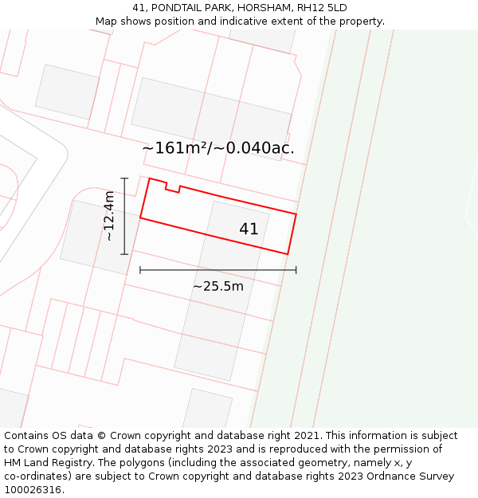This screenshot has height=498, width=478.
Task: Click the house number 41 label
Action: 249,229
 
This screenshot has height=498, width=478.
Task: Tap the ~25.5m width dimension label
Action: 218,286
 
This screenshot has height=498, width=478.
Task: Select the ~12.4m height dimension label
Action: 109,216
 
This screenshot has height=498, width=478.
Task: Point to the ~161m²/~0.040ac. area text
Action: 218,148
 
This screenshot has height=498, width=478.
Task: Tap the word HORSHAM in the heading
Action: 257,8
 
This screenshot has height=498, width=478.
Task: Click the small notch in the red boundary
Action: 172,189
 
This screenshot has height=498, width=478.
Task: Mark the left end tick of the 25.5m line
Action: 140,270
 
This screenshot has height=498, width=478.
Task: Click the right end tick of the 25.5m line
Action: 296,270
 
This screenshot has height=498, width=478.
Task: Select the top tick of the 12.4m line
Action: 124,178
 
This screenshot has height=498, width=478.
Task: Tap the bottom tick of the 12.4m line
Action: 124,254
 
